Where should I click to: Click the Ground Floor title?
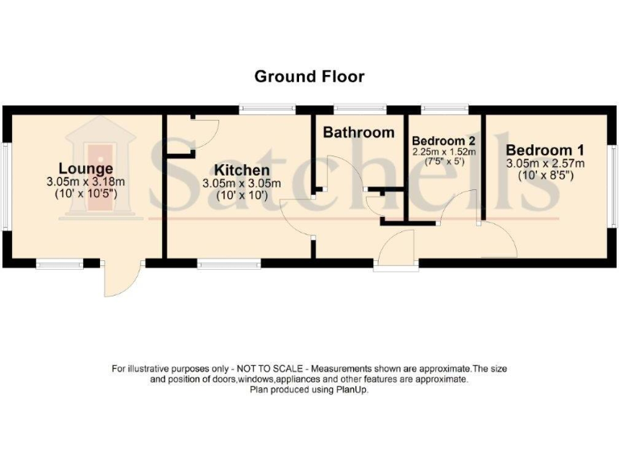coord(309,77)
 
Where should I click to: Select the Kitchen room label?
coord(241,170)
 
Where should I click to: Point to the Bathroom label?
coord(359,132)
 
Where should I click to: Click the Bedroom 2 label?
coord(443,140)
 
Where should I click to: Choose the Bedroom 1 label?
coord(545,150)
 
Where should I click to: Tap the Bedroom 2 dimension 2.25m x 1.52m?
coord(443,151)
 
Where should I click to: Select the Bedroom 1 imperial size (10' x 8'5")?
coord(545,175)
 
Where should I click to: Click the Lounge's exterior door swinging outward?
coord(121,280)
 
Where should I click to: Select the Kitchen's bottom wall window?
coord(229,262)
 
